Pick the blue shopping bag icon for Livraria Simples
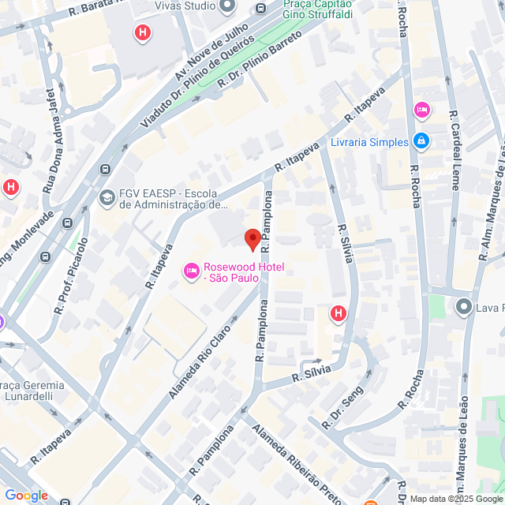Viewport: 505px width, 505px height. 421,141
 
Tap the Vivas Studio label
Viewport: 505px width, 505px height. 185,6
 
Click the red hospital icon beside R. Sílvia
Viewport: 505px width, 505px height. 339,314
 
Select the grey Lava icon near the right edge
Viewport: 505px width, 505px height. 463,306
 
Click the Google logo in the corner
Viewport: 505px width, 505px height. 26,496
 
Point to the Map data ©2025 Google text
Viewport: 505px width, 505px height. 454,499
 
